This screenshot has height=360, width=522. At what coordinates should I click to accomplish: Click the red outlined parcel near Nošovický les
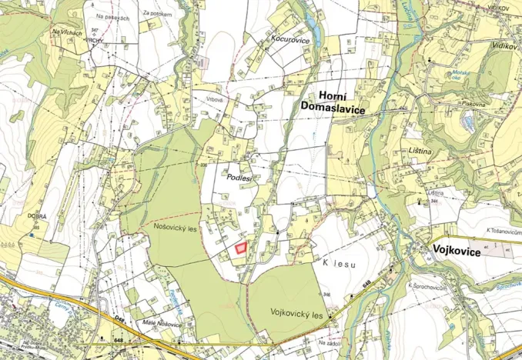pos(242,248)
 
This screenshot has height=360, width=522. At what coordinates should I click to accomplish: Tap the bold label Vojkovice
pos(455,252)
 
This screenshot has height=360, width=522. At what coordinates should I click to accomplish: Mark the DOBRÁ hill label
pos(37,217)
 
